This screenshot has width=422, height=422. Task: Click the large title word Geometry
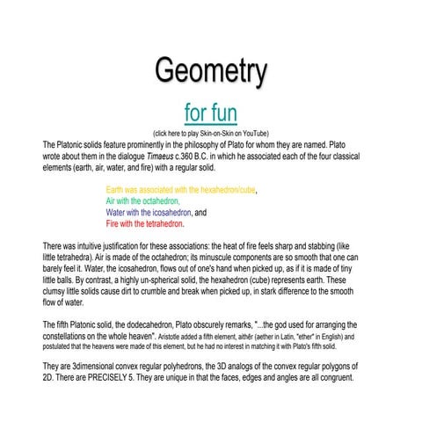[x=211, y=70]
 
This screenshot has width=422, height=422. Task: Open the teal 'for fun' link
[x=210, y=113]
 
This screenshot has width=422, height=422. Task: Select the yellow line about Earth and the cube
[x=181, y=190]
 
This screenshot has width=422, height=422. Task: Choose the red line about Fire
[x=145, y=224]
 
